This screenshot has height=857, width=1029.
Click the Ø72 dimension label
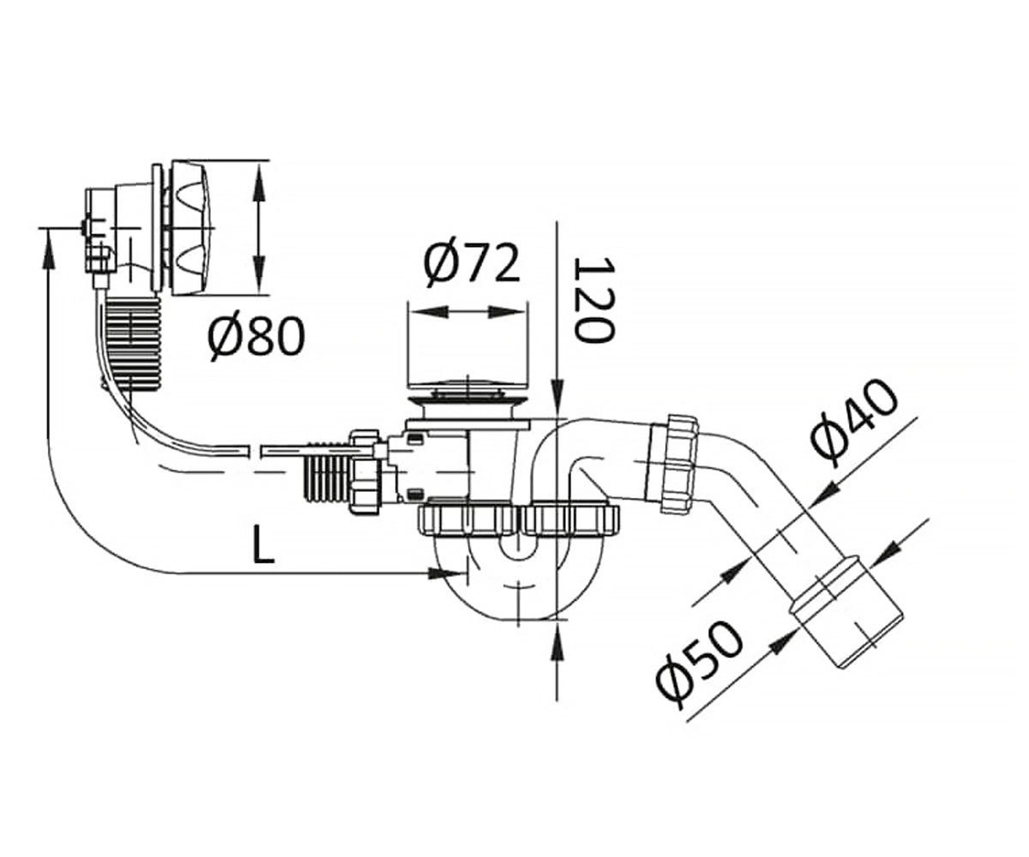click(x=472, y=265)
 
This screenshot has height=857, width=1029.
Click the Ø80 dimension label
click(x=256, y=338)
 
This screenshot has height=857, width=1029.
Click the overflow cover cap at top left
click(x=190, y=228)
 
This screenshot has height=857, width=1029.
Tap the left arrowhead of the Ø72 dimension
click(x=429, y=312)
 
